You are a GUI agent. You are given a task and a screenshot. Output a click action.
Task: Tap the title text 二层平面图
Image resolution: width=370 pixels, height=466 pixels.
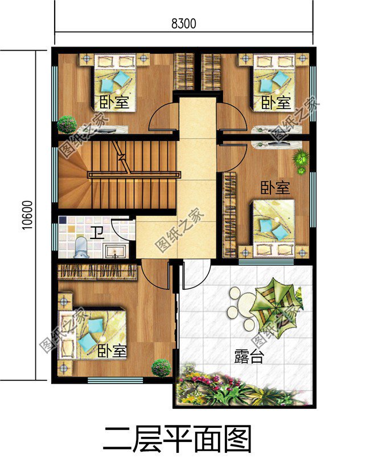point(177,440)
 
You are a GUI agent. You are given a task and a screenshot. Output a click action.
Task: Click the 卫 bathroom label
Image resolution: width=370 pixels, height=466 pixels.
point(97,232)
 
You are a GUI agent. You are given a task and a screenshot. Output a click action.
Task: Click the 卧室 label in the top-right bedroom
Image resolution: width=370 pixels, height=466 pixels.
point(276,103)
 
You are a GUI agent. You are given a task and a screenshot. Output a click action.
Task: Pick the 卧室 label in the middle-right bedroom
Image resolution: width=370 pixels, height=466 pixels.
point(276,188)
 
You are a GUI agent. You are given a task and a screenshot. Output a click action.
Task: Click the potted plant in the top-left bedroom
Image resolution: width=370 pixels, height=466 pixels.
point(67,124)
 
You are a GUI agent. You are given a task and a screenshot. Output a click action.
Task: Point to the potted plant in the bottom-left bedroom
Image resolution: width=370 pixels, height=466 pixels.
point(161,367)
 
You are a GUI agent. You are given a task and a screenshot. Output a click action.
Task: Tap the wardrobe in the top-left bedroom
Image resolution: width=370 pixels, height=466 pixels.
point(184,71)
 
